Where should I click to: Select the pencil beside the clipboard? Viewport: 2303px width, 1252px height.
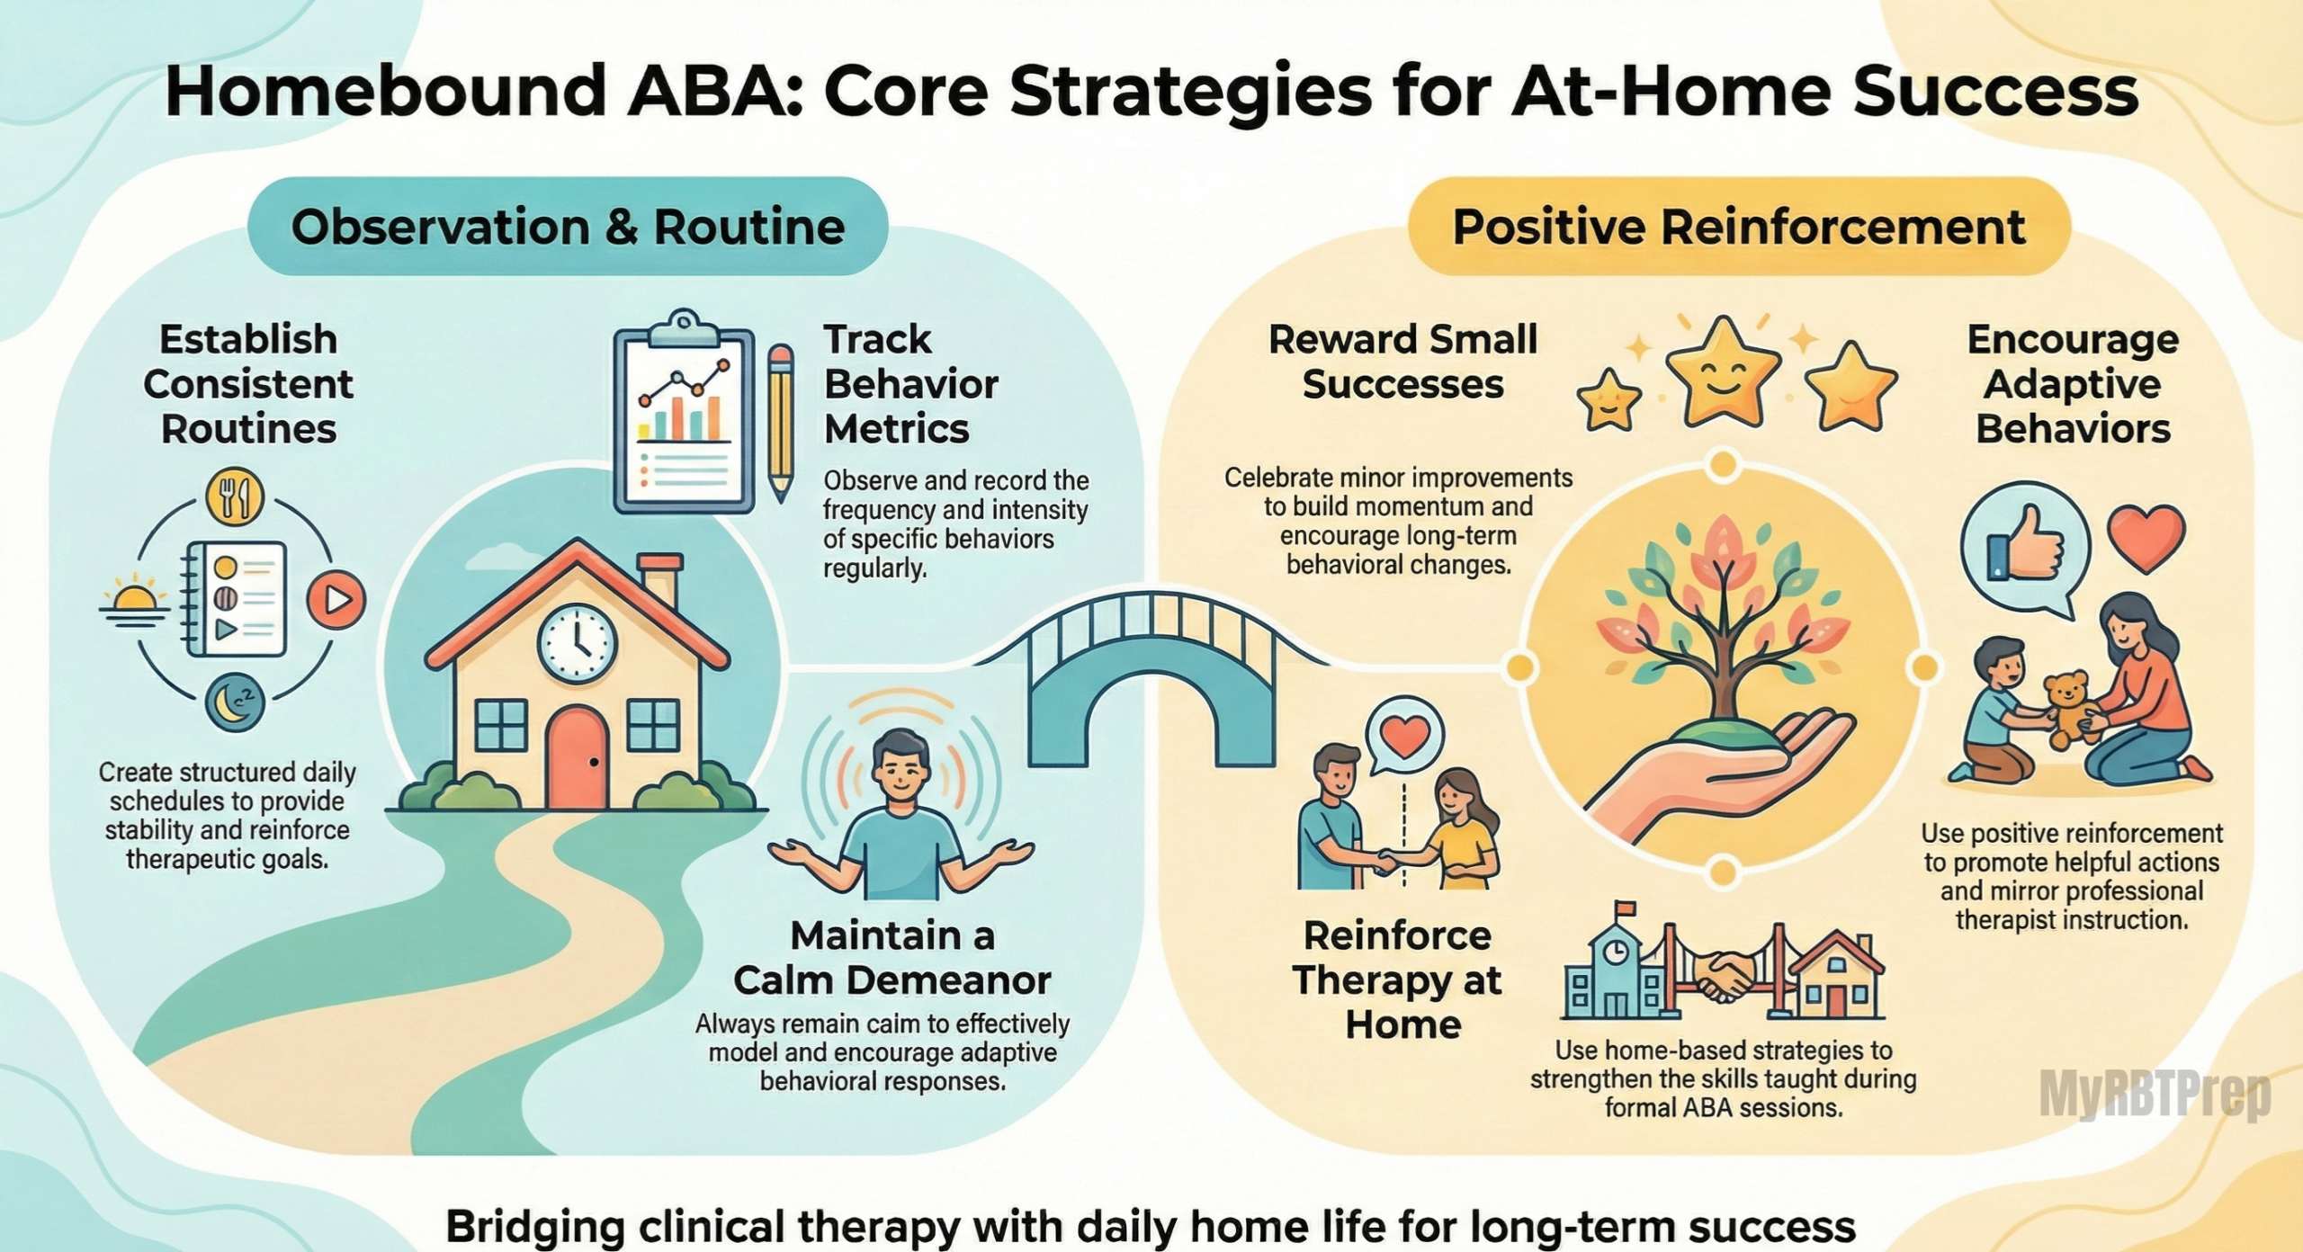pyautogui.click(x=781, y=423)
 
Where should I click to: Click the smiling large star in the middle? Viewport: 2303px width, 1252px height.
pyautogui.click(x=1723, y=371)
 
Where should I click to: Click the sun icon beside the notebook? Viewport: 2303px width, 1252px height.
pyautogui.click(x=135, y=597)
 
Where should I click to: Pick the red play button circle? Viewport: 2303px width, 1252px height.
pyautogui.click(x=336, y=598)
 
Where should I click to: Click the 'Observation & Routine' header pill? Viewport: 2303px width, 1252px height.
pyautogui.click(x=568, y=226)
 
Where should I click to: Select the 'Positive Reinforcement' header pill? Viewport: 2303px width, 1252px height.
pyautogui.click(x=1739, y=226)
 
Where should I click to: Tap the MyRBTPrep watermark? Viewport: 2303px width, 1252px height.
pyautogui.click(x=2155, y=1094)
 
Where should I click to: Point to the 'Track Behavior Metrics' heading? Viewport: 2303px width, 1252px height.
pyautogui.click(x=910, y=384)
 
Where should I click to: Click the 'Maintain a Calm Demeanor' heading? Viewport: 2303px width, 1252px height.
pyautogui.click(x=892, y=958)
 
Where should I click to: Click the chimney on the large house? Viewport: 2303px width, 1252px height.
pyautogui.click(x=659, y=580)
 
